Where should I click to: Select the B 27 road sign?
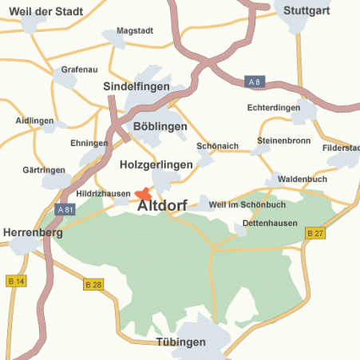315,233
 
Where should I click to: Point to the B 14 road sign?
16,281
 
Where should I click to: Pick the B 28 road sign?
93,284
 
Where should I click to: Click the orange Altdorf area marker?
143,194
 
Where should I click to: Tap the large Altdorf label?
163,207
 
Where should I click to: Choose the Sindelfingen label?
138,85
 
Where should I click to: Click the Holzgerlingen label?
156,164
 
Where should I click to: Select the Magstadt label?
134,31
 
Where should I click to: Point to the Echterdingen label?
274,107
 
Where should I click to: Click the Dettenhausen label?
270,223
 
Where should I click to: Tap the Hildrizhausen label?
103,193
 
